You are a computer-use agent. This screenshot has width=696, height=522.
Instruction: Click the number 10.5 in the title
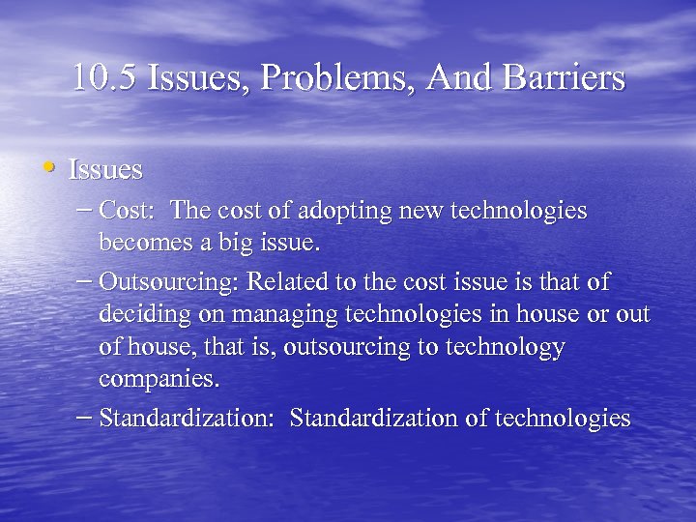tap(105, 78)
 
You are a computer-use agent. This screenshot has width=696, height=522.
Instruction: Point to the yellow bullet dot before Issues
tap(48, 167)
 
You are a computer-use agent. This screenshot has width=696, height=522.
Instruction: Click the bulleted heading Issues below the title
tap(105, 170)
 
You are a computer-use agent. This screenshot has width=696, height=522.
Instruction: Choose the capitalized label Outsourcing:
tap(170, 282)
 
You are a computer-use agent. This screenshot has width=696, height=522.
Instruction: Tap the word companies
tap(159, 380)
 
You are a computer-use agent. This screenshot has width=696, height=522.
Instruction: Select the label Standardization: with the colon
tap(188, 419)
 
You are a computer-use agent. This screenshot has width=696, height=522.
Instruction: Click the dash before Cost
tap(84, 209)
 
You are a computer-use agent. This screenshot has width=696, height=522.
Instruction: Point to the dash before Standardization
tap(84, 418)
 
